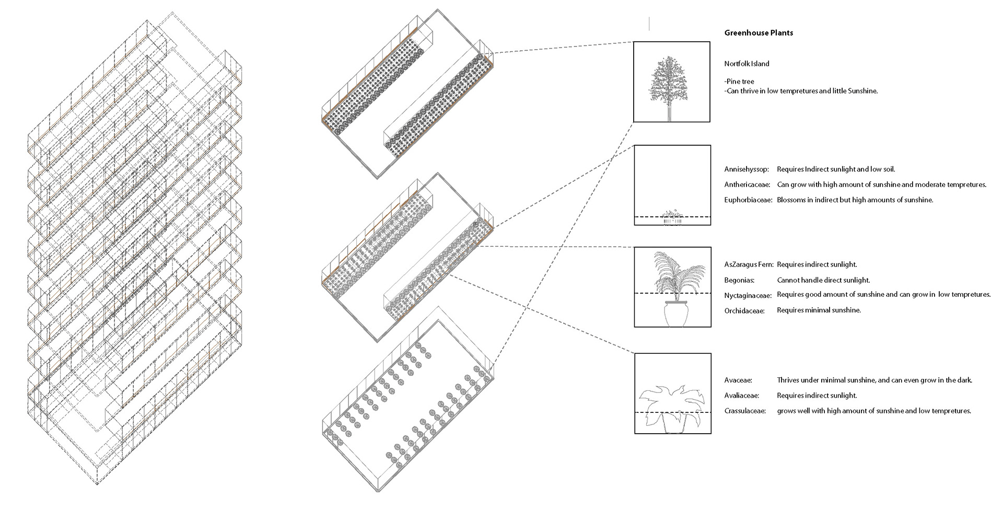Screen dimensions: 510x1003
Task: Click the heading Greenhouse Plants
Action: click(x=759, y=33)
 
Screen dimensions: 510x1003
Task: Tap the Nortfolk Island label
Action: click(x=747, y=64)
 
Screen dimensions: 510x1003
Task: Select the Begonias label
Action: click(x=739, y=281)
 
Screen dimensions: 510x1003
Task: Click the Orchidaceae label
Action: click(x=744, y=311)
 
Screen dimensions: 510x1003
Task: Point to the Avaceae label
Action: click(x=737, y=380)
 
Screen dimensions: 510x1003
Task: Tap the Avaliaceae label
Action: click(x=741, y=396)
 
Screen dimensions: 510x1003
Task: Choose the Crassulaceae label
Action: click(x=745, y=411)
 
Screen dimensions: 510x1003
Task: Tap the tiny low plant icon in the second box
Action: click(x=672, y=214)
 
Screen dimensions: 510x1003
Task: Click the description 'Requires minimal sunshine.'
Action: click(x=819, y=310)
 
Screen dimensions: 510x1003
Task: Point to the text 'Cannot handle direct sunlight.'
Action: click(x=823, y=281)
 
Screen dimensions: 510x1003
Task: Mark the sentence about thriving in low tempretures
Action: click(x=800, y=91)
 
